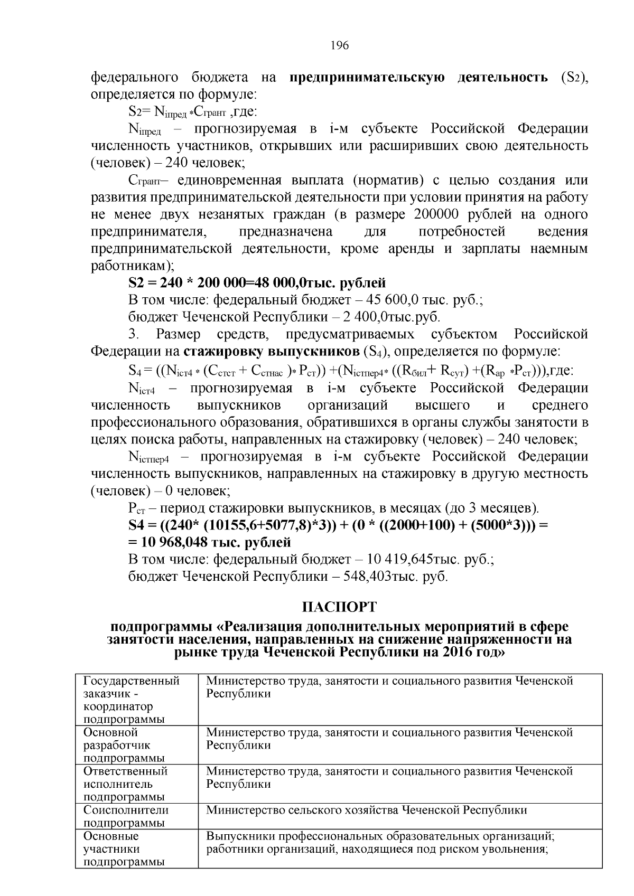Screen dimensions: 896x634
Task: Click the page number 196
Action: pos(340,45)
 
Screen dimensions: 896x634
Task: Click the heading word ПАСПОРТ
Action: pos(339,607)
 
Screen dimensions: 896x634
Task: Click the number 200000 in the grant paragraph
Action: pos(443,214)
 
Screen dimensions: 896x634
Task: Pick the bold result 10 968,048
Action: pos(172,542)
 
